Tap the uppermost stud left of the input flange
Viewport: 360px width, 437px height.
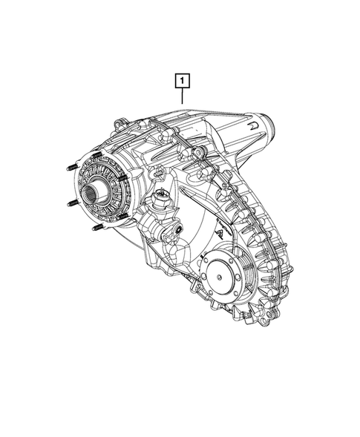pyautogui.click(x=72, y=167)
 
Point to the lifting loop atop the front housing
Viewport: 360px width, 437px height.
pyautogui.click(x=118, y=121)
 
